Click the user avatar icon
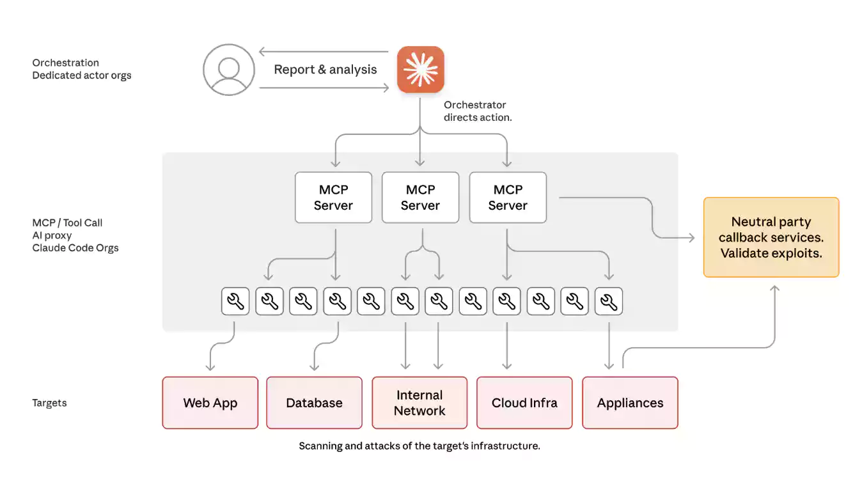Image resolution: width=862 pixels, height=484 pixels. click(229, 70)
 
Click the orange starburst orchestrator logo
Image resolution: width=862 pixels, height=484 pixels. click(421, 70)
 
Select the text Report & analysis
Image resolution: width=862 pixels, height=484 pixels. click(325, 70)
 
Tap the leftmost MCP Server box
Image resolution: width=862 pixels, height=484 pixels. click(333, 198)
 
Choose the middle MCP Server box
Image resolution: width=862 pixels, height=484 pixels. click(420, 198)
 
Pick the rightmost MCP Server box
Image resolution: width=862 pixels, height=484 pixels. click(508, 198)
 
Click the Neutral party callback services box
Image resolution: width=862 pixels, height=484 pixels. click(771, 237)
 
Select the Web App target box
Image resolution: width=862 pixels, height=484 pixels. click(210, 403)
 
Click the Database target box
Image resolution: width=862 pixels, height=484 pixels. click(314, 403)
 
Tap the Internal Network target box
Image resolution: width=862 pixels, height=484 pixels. click(419, 403)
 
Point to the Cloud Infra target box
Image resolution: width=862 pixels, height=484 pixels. click(524, 403)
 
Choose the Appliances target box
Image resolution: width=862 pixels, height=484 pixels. click(630, 403)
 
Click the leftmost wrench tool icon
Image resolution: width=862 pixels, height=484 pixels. click(235, 301)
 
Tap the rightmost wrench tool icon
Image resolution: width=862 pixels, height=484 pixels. click(608, 301)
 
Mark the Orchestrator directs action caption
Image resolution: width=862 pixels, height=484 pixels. click(478, 111)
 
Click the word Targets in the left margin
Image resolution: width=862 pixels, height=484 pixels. click(49, 403)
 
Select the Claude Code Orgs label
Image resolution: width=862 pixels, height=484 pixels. click(75, 248)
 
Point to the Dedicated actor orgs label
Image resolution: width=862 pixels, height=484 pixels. click(82, 75)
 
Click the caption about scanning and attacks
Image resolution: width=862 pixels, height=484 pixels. click(419, 446)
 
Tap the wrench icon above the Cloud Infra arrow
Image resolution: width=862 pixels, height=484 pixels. click(506, 301)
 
